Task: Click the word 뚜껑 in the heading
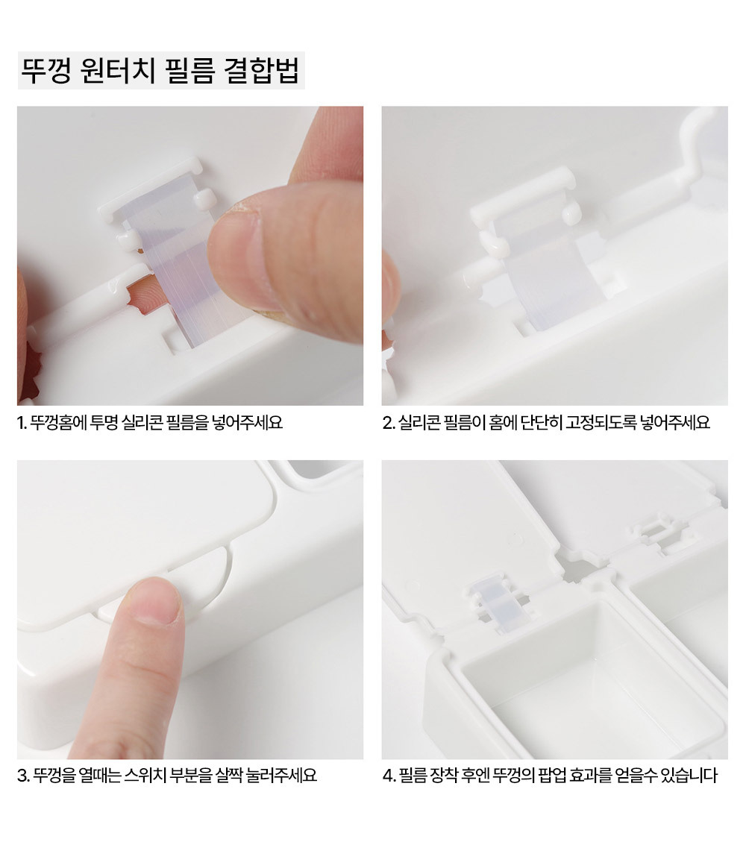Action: tap(46, 71)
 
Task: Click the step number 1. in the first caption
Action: tap(22, 423)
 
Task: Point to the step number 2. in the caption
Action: tap(389, 423)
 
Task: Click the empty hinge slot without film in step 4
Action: tap(659, 529)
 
